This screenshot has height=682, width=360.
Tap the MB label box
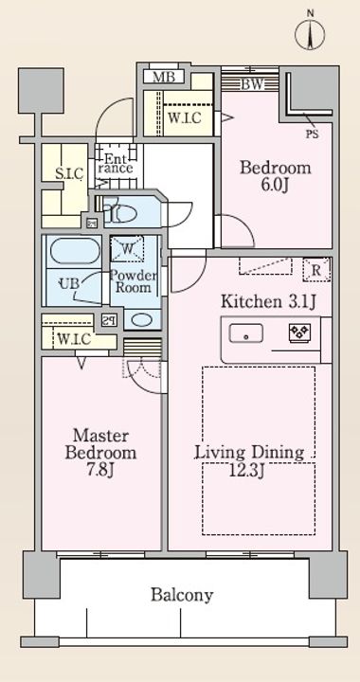[164, 77]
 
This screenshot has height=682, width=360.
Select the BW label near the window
[253, 84]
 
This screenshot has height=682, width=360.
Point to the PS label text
[312, 135]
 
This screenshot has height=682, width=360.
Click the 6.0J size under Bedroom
[276, 186]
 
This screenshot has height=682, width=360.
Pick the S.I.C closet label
[69, 174]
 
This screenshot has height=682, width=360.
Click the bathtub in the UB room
[75, 251]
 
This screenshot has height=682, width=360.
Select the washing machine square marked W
[127, 248]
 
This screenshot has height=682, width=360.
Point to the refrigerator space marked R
[316, 270]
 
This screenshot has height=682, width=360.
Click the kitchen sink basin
[246, 334]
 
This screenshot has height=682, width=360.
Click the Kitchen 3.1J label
[268, 301]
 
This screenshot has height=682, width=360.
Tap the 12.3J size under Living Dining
[248, 470]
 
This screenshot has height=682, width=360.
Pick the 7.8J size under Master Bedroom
[100, 471]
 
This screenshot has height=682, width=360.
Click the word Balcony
[182, 595]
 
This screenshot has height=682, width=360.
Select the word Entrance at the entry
[115, 164]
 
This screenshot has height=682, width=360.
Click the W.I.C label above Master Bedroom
[74, 339]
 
